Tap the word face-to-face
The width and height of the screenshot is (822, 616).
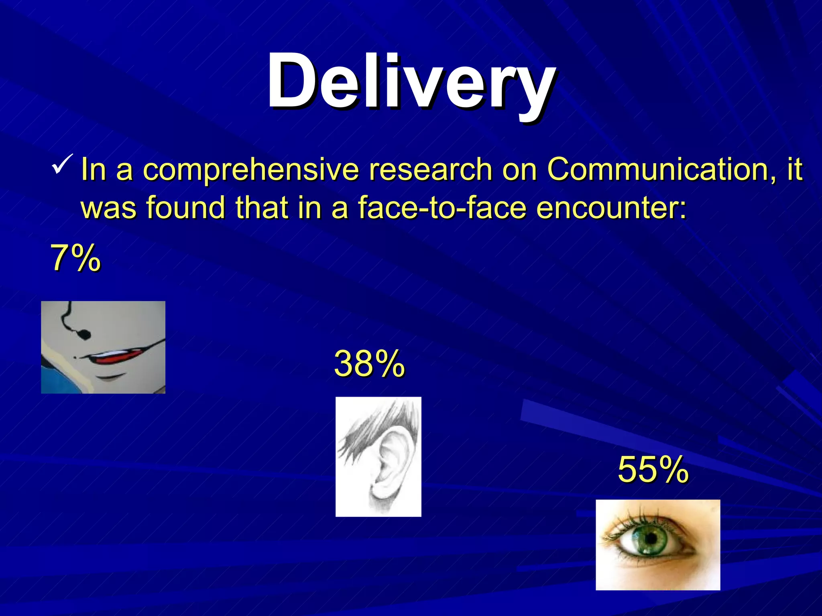pyautogui.click(x=442, y=207)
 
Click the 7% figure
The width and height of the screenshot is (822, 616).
pyautogui.click(x=75, y=259)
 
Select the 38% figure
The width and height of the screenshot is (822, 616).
pyautogui.click(x=369, y=364)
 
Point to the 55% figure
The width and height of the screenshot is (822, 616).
pyautogui.click(x=653, y=470)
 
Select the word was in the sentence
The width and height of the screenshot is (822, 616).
pyautogui.click(x=108, y=208)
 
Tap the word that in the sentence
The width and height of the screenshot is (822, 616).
pyautogui.click(x=261, y=207)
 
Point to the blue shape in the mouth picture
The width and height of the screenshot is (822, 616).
pyautogui.click(x=60, y=381)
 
